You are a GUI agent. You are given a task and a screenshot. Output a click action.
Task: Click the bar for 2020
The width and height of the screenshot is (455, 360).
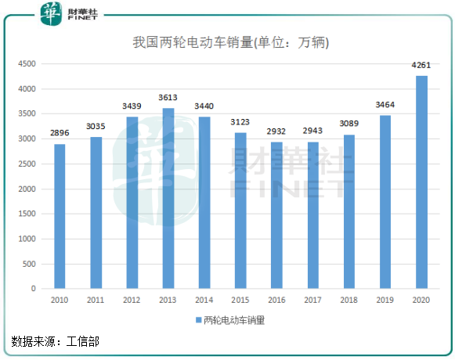[421, 182]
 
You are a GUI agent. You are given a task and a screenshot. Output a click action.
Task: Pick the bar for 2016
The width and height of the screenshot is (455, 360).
[276, 215]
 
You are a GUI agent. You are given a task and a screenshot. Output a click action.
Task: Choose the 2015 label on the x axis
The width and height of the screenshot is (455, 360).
[240, 300]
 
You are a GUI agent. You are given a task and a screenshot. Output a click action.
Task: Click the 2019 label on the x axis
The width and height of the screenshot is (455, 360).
[385, 300]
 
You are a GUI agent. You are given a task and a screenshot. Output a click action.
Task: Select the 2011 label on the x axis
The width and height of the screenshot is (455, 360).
[96, 300]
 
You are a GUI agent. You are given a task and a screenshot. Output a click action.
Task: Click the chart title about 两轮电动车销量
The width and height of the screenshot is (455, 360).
[230, 43]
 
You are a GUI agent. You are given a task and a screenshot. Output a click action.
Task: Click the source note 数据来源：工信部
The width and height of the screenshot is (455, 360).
[56, 341]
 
